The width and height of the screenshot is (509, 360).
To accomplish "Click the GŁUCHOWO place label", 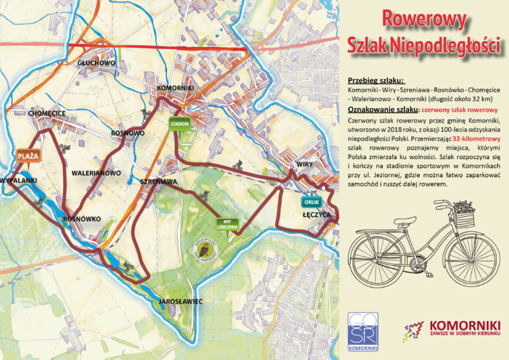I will pos(96,63).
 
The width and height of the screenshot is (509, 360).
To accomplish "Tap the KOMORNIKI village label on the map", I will pos(175,88).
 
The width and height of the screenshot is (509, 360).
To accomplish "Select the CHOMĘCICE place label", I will pos(47,113).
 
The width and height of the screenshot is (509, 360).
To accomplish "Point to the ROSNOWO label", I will pos(128,133).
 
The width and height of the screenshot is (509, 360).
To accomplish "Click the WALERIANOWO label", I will pos(96,173).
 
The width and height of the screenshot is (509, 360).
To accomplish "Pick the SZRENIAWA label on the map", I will pos(158,181).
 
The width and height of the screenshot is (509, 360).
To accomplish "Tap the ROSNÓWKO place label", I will pos(82,219).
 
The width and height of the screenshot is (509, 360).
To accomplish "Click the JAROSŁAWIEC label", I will pos(180,302).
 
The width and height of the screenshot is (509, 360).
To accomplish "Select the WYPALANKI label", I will pos(18,180).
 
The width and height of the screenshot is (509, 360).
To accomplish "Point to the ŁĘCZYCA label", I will pos(316,215).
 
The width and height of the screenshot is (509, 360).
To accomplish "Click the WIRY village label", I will pos(304,164).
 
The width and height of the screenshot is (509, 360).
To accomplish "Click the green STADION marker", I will pos(180,124).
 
